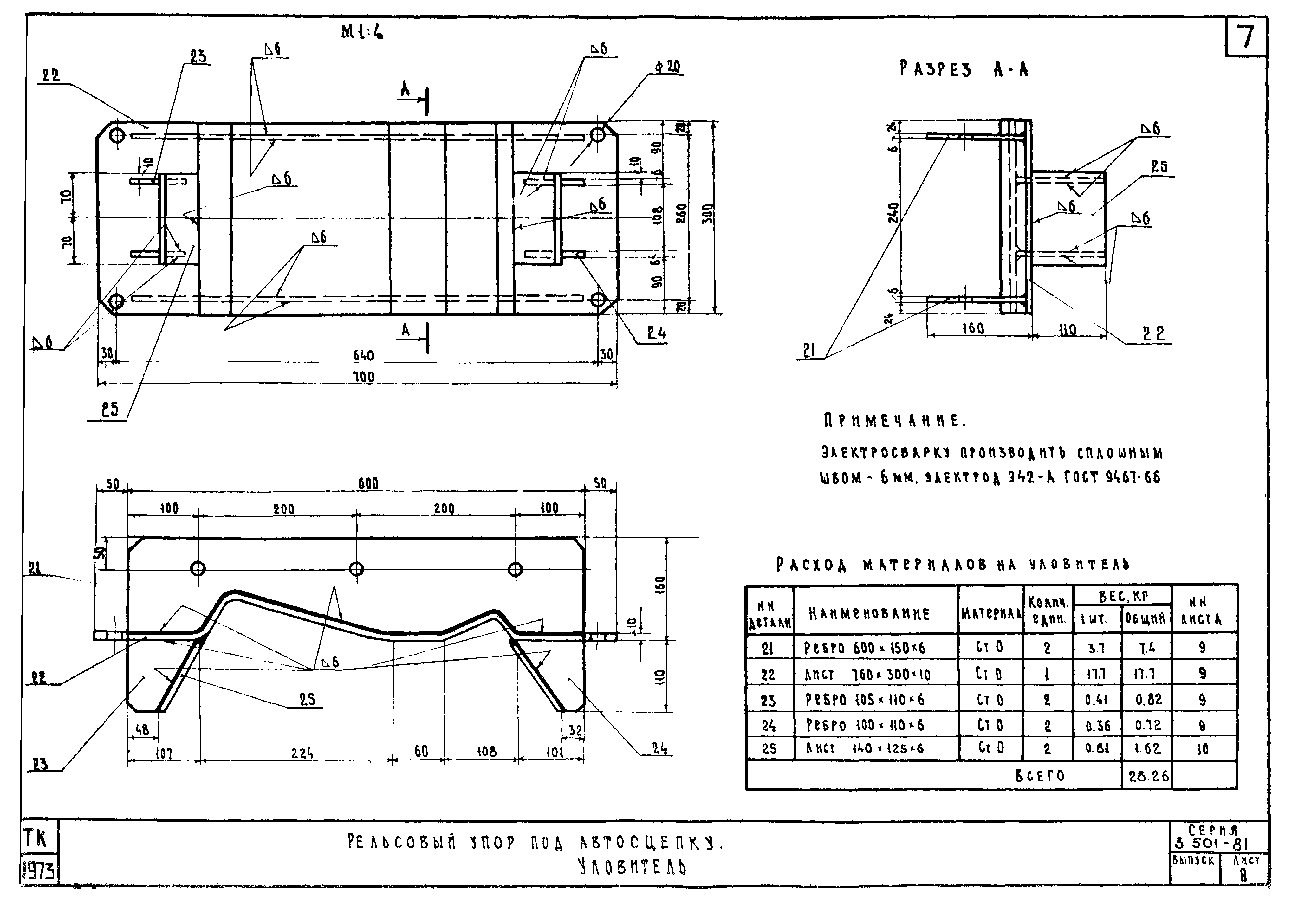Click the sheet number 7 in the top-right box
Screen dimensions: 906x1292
pyautogui.click(x=1246, y=37)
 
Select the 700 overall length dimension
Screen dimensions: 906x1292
pyautogui.click(x=363, y=377)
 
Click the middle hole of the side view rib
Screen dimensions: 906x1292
pyautogui.click(x=356, y=569)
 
